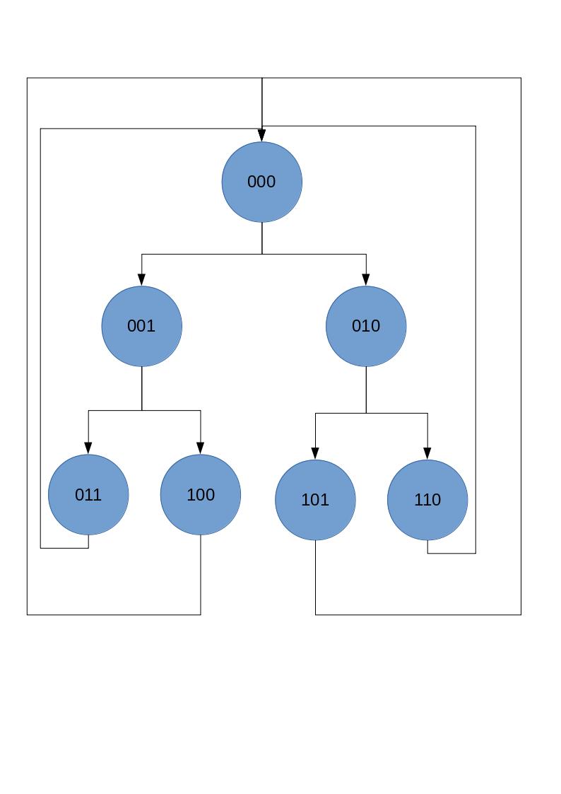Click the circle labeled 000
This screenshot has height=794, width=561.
[x=262, y=182]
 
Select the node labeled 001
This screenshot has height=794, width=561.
[x=142, y=326]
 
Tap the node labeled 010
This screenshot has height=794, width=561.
[x=366, y=326]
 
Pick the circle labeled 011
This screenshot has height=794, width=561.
[x=88, y=494]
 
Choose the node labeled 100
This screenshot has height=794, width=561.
[x=201, y=494]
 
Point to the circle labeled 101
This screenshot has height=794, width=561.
[x=315, y=500]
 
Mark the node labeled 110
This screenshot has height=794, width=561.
[x=427, y=500]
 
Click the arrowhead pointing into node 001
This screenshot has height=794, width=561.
[x=142, y=280]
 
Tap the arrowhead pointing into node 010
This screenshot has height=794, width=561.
[x=366, y=280]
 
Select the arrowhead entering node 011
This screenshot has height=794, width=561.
[x=88, y=448]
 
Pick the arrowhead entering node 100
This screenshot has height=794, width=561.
[x=201, y=448]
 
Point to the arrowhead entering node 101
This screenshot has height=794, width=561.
[x=315, y=454]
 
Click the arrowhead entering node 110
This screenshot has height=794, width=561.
[x=427, y=454]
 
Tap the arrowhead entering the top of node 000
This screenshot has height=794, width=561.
[x=262, y=136]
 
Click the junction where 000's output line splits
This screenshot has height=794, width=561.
[x=262, y=254]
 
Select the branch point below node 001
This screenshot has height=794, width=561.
[x=142, y=410]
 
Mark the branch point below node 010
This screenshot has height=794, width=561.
[x=366, y=413]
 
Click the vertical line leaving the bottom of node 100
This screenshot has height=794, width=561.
[x=201, y=574]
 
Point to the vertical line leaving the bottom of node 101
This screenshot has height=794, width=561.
[x=315, y=577]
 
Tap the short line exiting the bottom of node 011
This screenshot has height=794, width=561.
[x=88, y=541]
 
